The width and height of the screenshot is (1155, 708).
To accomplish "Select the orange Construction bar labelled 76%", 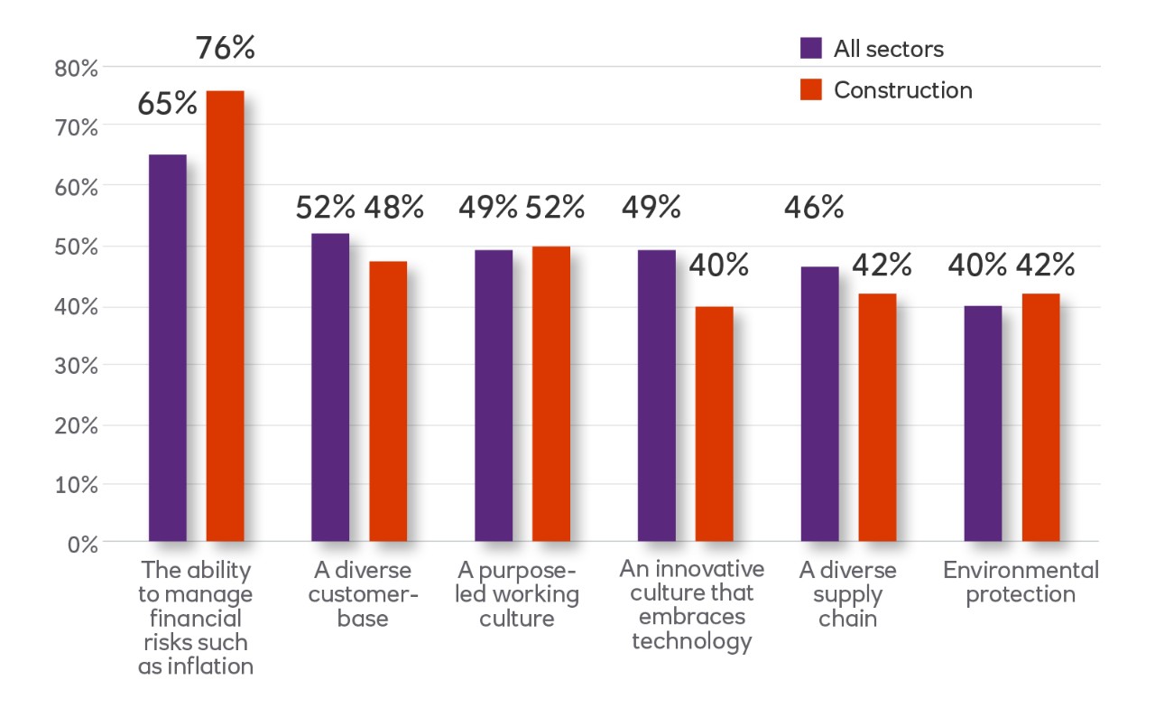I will tap(225, 316).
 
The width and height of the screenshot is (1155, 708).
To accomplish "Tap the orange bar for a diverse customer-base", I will tap(388, 401).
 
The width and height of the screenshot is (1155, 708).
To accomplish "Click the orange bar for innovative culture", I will tap(714, 424).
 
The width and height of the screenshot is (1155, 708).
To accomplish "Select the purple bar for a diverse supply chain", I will tap(819, 404).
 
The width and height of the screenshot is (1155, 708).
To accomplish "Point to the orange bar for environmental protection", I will tap(1040, 417).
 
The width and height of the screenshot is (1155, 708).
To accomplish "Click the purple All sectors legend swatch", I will tap(811, 49).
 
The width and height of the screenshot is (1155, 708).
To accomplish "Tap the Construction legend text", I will tap(903, 90).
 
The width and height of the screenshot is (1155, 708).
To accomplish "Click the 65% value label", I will tap(167, 104).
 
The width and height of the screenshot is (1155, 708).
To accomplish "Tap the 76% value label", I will tap(226, 48).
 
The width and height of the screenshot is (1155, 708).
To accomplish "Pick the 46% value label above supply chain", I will tap(814, 209).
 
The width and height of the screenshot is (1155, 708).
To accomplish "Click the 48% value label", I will tap(394, 209).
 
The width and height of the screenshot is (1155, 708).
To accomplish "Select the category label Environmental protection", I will tap(1021, 582).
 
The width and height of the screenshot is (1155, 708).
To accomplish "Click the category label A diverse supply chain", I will tap(847, 595).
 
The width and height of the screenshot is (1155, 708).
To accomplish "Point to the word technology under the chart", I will tap(691, 641).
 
